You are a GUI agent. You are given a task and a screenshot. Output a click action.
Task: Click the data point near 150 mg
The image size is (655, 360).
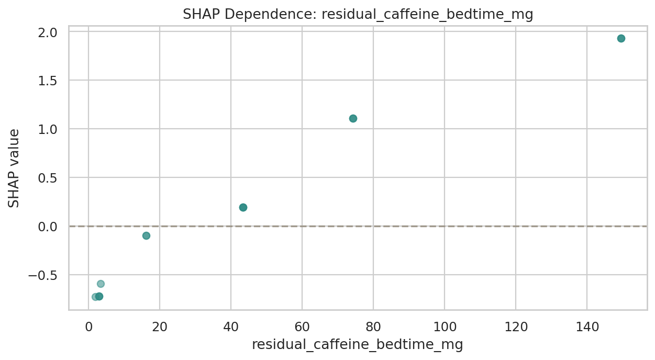tap(621, 38)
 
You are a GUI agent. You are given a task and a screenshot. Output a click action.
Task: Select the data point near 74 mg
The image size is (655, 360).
tap(353, 118)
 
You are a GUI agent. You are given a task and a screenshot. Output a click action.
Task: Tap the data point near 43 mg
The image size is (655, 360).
tap(243, 207)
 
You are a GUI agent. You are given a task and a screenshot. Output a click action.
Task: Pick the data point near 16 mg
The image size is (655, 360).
tap(146, 235)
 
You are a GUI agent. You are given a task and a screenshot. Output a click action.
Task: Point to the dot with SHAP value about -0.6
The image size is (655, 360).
tap(101, 284)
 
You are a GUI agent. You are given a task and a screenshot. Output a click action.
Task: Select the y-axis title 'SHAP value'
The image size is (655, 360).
tap(14, 168)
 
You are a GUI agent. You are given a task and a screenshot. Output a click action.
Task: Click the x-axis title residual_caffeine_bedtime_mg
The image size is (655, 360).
tap(358, 345)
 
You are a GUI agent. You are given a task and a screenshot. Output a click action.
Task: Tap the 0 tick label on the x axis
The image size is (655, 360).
tap(88, 328)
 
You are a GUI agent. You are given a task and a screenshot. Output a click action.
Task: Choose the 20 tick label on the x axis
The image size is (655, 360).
tap(160, 328)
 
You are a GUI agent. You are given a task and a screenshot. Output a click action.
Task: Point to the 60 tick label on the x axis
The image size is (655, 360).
tap(302, 328)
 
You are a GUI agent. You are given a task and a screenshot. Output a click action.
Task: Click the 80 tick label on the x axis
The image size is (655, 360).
tap(373, 328)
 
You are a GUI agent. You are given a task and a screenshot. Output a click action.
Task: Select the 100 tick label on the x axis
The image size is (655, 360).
tap(445, 328)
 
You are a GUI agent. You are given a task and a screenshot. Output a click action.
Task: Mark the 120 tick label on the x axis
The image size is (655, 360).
tap(516, 328)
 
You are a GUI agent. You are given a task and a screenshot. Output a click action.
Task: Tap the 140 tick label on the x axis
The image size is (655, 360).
tap(587, 328)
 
